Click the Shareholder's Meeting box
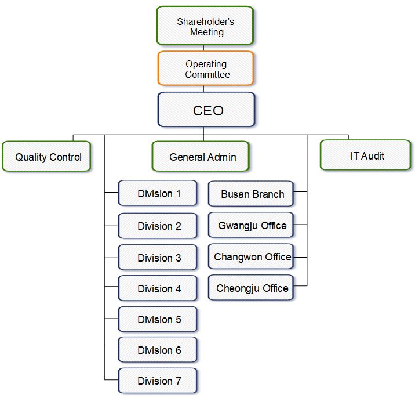206,26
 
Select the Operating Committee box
206,69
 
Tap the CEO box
206,110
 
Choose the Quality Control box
47,157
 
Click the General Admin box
202,157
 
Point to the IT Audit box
366,155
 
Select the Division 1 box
158,194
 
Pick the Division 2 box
158,226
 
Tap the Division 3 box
158,257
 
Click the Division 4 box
158,288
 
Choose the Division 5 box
158,319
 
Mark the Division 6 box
158,350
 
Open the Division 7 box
158,381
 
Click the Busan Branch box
251,194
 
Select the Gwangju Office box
251,225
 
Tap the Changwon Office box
251,256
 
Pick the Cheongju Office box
251,288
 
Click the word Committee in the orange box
208,74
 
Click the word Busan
234,194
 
